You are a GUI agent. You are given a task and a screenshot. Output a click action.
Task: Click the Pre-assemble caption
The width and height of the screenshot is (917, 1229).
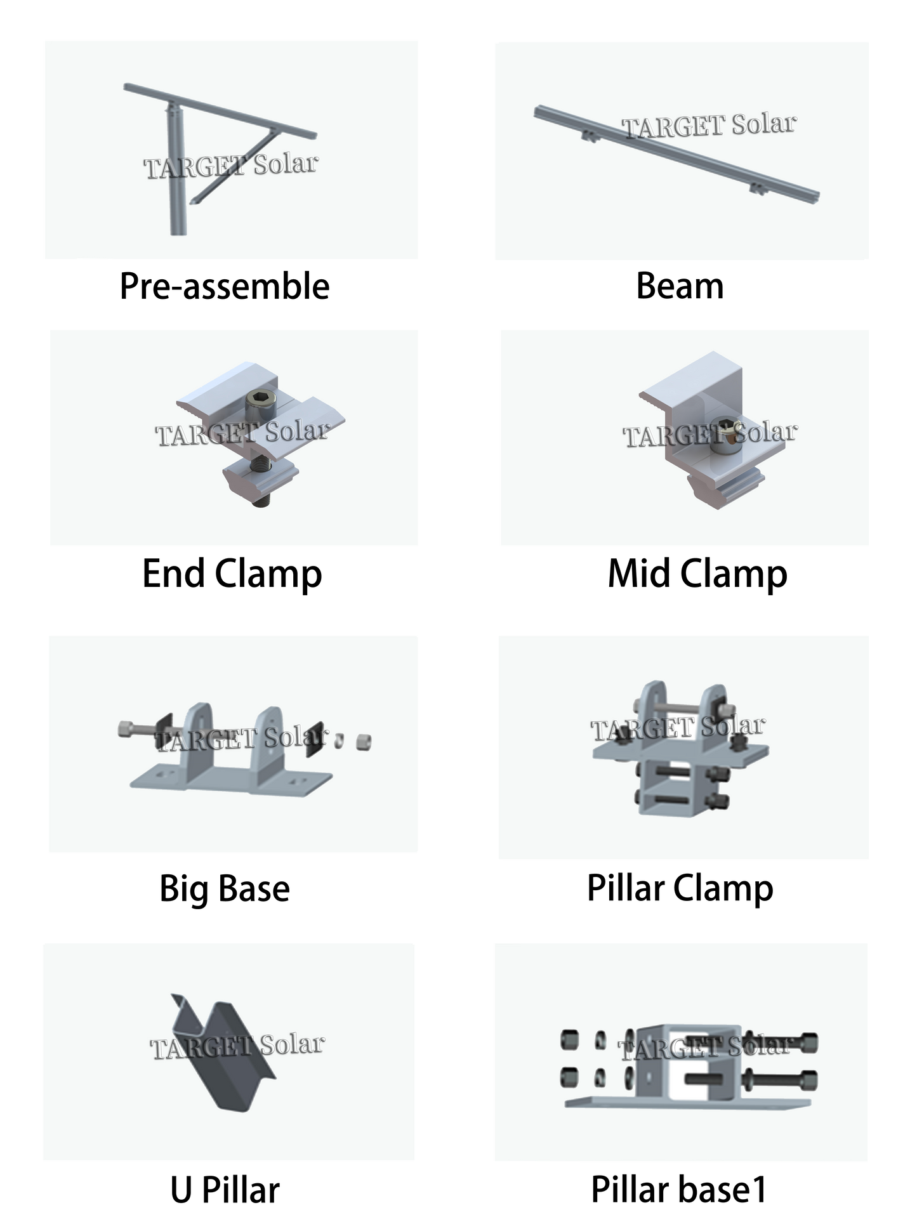225,286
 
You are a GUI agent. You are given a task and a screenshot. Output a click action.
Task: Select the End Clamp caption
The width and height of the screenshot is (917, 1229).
232,574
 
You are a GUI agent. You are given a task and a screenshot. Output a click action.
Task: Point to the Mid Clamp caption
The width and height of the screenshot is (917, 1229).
697,574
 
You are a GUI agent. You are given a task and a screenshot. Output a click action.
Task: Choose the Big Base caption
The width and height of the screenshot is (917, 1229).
225,888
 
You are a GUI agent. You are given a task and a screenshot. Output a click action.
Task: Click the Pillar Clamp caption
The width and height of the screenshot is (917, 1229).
680,888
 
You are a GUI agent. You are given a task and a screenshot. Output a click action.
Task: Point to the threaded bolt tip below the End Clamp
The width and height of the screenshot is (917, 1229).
260,503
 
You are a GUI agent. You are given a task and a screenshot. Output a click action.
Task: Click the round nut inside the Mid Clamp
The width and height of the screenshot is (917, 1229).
722,435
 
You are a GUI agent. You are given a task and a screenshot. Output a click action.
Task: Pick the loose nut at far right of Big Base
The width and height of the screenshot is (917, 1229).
364,741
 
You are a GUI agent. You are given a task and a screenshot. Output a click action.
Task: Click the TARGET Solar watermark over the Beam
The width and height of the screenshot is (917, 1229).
709,126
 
